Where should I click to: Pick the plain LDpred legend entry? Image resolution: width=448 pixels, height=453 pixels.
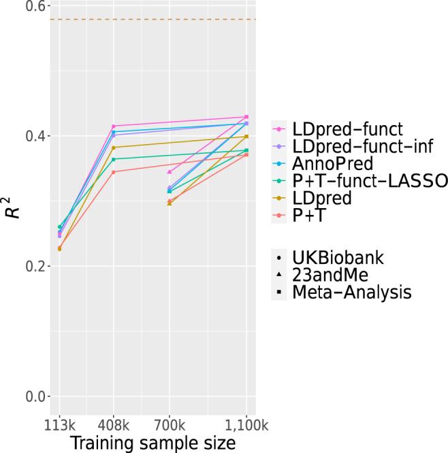click(x=322, y=199)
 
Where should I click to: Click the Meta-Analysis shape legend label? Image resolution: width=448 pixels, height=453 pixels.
click(x=351, y=294)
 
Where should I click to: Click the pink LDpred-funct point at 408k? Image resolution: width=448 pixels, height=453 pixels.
click(x=113, y=126)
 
